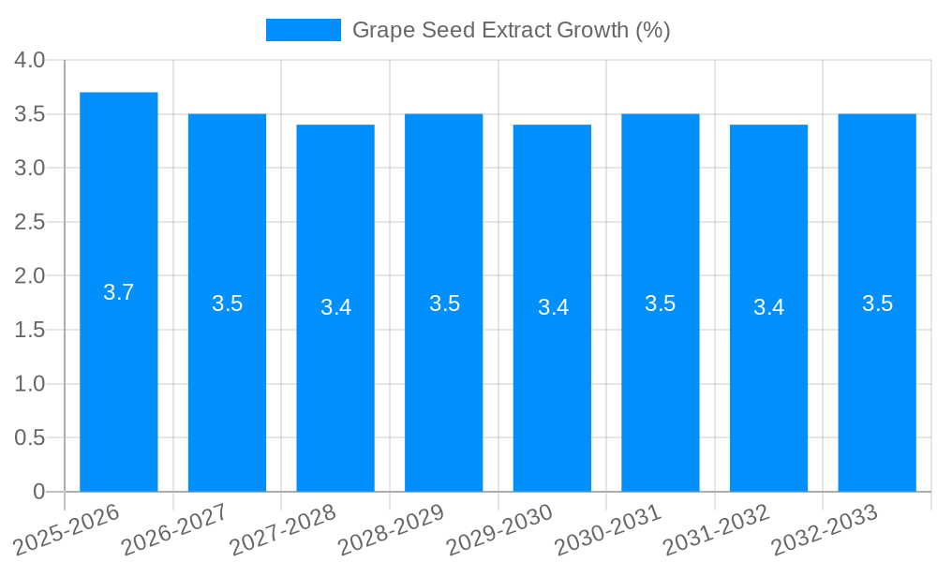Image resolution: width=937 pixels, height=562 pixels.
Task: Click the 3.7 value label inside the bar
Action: pos(119,292)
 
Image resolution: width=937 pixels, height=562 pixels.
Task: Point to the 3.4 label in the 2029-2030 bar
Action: pos(553,307)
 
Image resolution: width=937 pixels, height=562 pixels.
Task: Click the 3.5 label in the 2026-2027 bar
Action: pos(227,303)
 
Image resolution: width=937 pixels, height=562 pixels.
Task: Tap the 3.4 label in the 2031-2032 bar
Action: pos(769,307)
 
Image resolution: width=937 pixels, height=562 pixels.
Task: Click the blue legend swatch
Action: pos(303,30)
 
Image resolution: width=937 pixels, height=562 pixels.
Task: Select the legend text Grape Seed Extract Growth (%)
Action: pos(511,30)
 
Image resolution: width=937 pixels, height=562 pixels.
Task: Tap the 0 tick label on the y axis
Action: pos(38,492)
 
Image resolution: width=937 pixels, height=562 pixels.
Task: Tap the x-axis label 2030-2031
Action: pos(607,529)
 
